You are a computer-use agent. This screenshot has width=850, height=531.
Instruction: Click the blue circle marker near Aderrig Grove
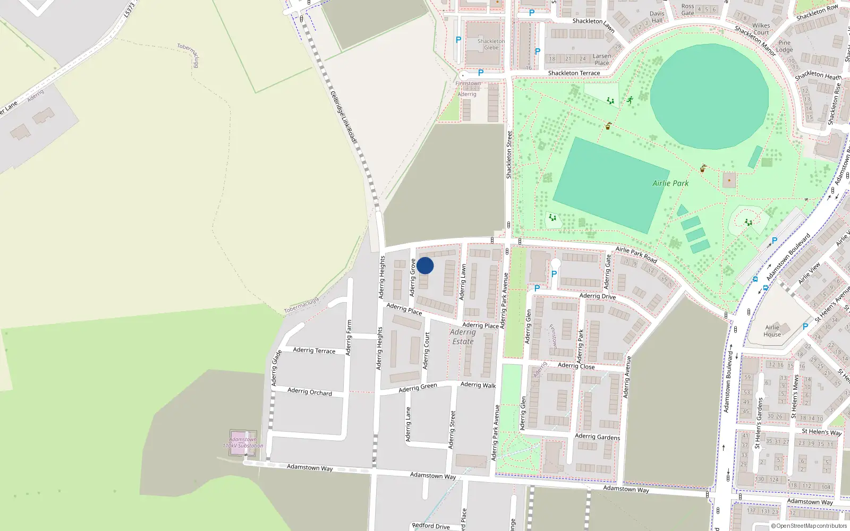(x=425, y=265)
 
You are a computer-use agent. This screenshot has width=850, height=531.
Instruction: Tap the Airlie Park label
(x=670, y=183)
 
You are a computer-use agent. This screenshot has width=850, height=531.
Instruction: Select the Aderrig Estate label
(x=463, y=337)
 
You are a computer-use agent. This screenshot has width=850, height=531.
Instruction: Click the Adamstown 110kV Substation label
(x=243, y=443)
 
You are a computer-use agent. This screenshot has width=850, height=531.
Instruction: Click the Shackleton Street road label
(x=509, y=155)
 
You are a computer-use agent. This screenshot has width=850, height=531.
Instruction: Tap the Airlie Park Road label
(x=636, y=255)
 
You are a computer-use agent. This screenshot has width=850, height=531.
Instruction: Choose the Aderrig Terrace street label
(x=314, y=350)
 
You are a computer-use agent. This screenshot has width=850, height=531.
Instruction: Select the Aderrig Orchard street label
(x=310, y=392)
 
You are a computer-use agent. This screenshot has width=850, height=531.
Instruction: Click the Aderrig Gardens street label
(x=597, y=437)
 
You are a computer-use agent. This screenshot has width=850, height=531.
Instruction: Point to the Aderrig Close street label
(x=576, y=366)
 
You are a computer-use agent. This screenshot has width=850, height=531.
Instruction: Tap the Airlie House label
(x=772, y=331)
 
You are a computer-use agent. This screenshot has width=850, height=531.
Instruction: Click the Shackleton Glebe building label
(x=491, y=44)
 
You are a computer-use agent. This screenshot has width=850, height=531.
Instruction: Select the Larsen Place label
(x=602, y=59)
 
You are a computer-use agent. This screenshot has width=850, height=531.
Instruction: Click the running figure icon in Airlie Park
(x=630, y=100)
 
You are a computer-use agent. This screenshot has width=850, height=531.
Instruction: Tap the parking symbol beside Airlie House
(x=805, y=327)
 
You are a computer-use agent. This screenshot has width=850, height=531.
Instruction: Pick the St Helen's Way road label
(x=821, y=432)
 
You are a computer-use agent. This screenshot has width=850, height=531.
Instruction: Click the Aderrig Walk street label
(x=478, y=385)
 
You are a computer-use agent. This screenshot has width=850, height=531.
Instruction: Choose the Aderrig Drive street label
(x=598, y=296)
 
